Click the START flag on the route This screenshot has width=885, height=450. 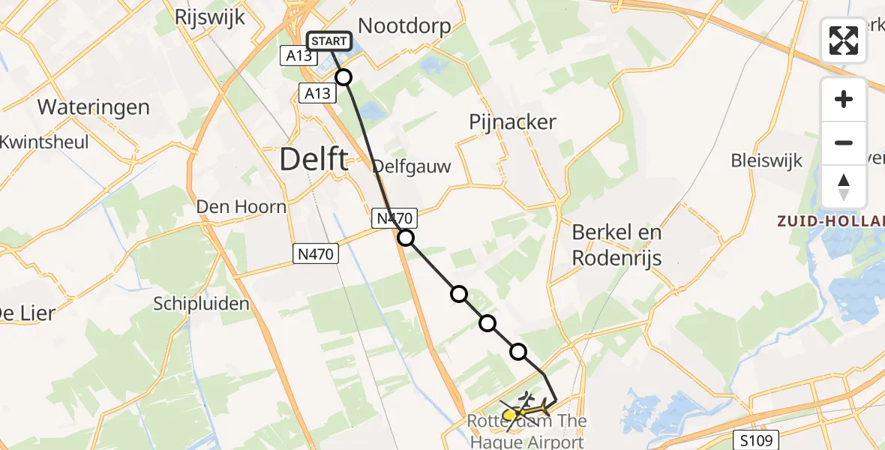point(328,41)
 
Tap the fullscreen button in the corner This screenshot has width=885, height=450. point(844,40)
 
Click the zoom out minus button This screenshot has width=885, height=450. point(844,142)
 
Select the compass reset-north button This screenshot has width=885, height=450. point(844,187)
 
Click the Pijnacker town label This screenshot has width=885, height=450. point(513,121)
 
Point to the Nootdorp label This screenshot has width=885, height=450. point(404,26)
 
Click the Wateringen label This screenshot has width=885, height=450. point(93,106)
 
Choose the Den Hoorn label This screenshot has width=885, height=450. point(241,206)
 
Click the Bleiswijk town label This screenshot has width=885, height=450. point(767,160)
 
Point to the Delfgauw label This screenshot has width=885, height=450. point(412,166)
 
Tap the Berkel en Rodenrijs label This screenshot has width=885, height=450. point(616,244)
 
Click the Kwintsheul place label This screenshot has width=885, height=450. point(45,142)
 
